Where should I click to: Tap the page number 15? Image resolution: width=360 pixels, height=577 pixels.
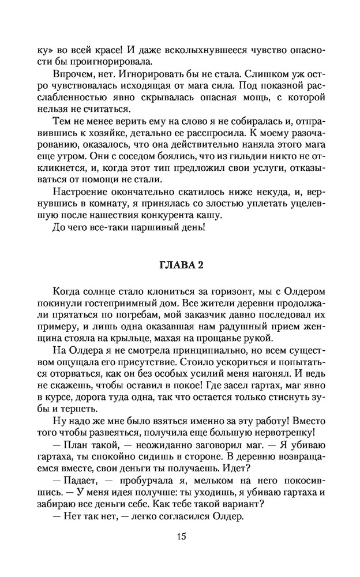(x=181, y=537)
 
